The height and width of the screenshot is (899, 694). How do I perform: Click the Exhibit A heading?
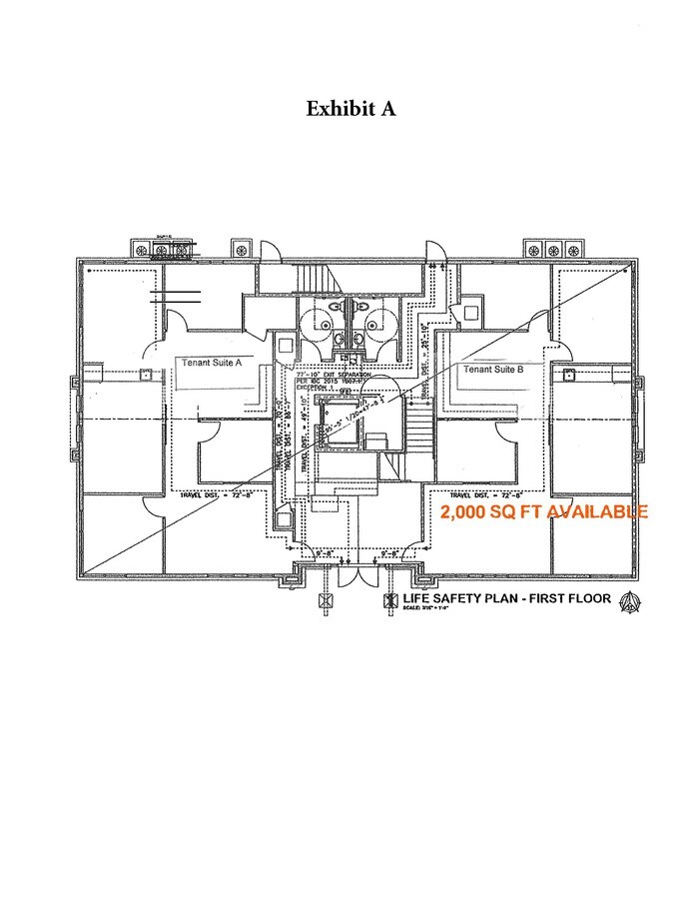(x=350, y=109)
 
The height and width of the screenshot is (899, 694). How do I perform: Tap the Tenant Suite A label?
(x=213, y=363)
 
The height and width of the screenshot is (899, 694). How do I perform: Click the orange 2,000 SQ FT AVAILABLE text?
(x=544, y=511)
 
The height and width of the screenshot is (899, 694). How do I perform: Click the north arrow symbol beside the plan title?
(x=629, y=601)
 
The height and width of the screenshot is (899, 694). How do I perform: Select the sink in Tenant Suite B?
(x=569, y=375)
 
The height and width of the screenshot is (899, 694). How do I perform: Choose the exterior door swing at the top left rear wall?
(x=271, y=251)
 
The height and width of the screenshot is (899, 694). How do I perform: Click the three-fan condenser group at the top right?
(x=550, y=249)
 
